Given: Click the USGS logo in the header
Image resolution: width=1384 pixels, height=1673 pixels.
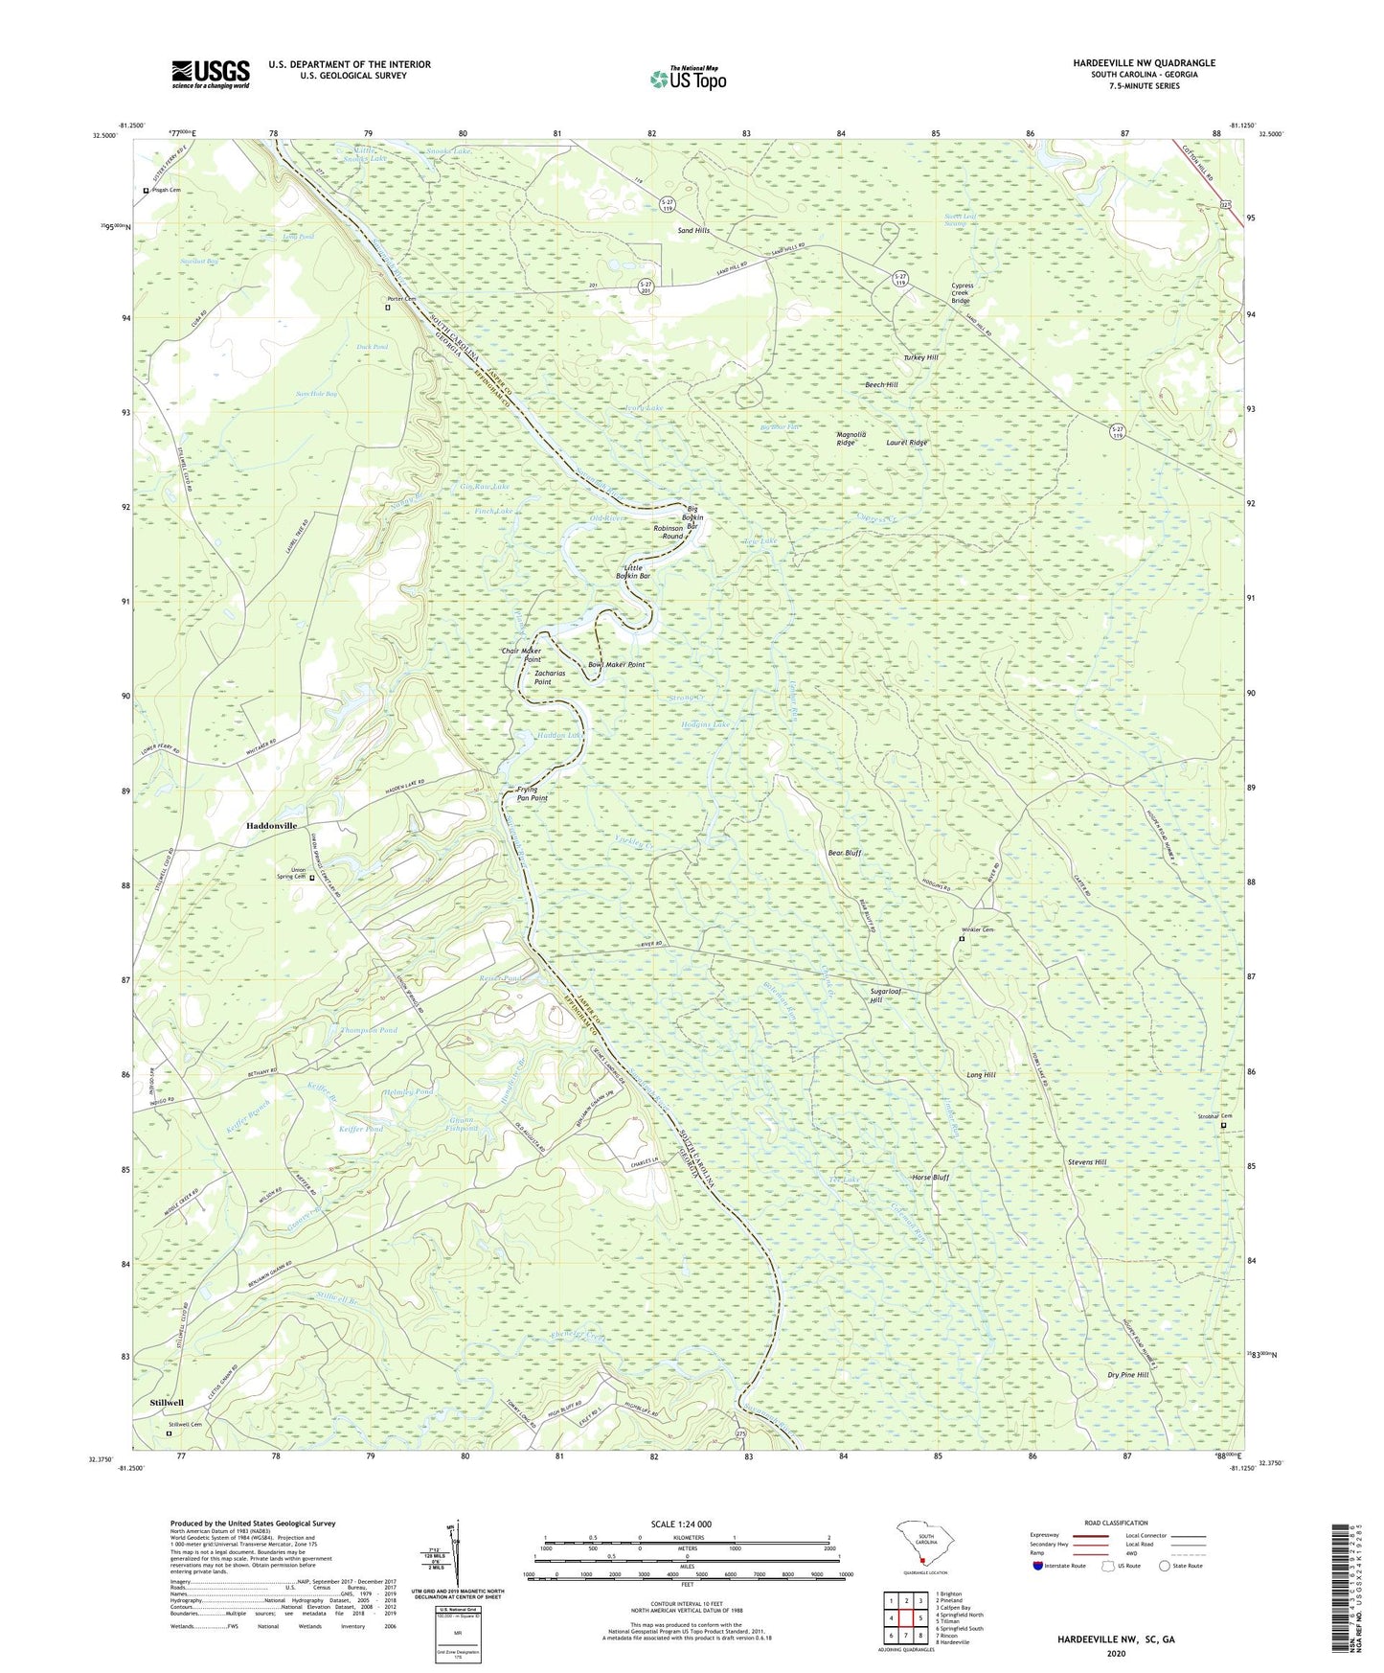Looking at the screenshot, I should pyautogui.click(x=211, y=74).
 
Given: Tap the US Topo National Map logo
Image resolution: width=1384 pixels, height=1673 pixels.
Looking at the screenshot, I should pyautogui.click(x=688, y=79).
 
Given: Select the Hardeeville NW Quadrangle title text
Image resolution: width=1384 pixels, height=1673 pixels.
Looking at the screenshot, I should pyautogui.click(x=1144, y=63).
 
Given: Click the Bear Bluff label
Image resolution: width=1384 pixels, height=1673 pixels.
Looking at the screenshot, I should pyautogui.click(x=845, y=852).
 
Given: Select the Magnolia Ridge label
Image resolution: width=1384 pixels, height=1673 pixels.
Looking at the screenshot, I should pyautogui.click(x=851, y=439).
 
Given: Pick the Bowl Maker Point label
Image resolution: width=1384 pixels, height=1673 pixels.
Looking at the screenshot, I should pyautogui.click(x=616, y=664).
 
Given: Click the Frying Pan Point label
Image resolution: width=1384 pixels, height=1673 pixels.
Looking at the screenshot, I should pyautogui.click(x=533, y=793).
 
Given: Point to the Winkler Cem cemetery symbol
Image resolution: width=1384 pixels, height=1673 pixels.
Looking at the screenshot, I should pyautogui.click(x=963, y=939).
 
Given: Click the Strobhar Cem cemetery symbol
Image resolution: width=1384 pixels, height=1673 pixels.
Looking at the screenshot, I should pyautogui.click(x=1223, y=1126).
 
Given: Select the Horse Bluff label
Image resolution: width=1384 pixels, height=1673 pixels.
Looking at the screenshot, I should pyautogui.click(x=930, y=1177).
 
